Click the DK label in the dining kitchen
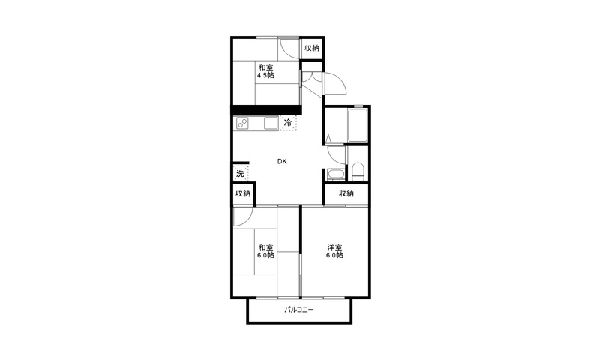282,161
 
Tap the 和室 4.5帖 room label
265,71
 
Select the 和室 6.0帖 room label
265,251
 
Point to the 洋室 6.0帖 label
334,251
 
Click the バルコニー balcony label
298,310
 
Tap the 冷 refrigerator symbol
288,123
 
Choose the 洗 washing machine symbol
240,173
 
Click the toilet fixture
358,172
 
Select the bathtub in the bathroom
358,125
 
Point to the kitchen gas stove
242,123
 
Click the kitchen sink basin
271,123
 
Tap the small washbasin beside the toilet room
336,175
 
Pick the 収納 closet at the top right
312,48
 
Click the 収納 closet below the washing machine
242,193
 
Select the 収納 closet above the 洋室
346,194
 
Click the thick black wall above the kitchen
267,110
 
